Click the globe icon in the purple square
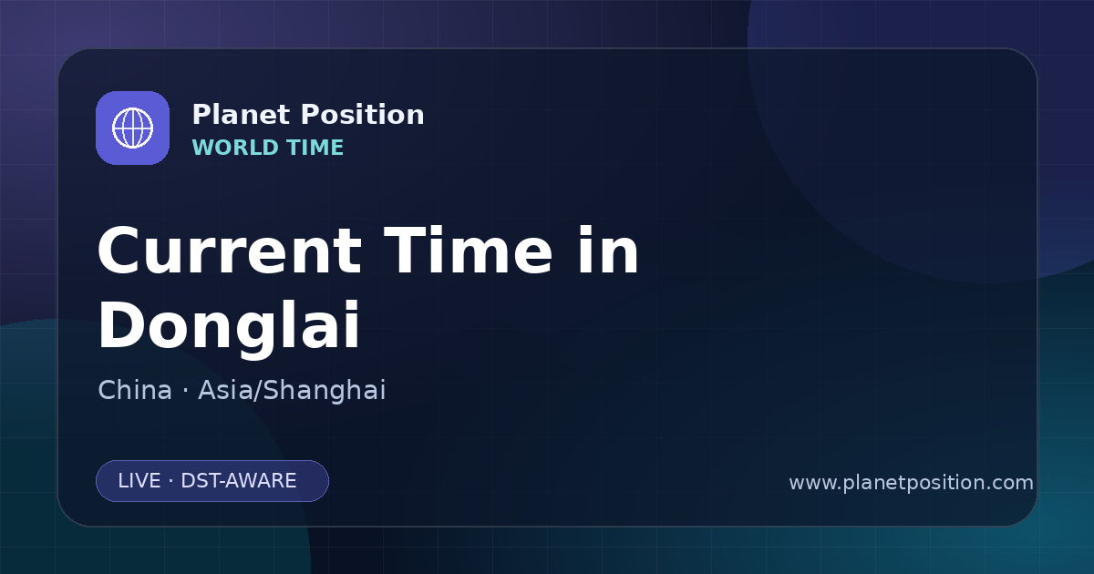click(133, 128)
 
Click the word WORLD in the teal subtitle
click(236, 148)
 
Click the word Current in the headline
click(230, 251)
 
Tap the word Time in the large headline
click(469, 250)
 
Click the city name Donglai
click(229, 325)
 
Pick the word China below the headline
click(135, 390)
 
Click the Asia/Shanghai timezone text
click(292, 390)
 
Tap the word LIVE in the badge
click(139, 481)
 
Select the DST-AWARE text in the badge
click(239, 481)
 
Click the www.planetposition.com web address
click(912, 483)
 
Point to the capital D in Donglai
click(120, 325)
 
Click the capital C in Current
click(119, 251)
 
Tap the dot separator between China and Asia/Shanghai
click(185, 391)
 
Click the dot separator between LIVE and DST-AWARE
click(171, 481)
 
